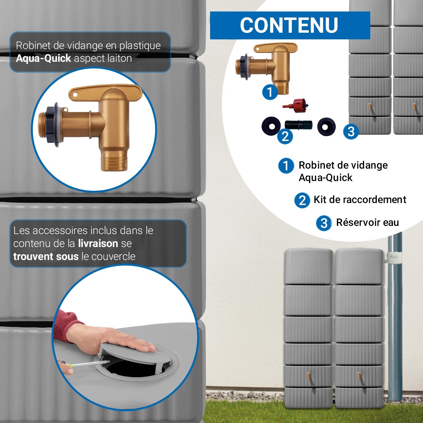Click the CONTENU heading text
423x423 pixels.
(x=289, y=25)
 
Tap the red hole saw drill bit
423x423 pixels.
(x=297, y=105)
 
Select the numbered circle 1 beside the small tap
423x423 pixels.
(x=270, y=92)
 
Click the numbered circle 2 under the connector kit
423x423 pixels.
(x=285, y=136)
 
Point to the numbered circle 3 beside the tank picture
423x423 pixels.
(x=351, y=131)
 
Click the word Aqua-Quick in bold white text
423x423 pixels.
(x=43, y=58)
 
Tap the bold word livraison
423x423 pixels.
(x=98, y=243)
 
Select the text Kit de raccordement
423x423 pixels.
(x=360, y=200)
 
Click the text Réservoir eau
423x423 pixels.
(x=367, y=222)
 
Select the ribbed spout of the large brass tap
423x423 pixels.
(x=114, y=161)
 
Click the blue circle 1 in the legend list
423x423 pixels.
(x=286, y=166)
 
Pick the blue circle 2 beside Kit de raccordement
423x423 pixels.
(x=302, y=200)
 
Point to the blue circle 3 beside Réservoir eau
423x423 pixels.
(x=324, y=223)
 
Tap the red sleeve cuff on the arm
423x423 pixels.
(x=66, y=324)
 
